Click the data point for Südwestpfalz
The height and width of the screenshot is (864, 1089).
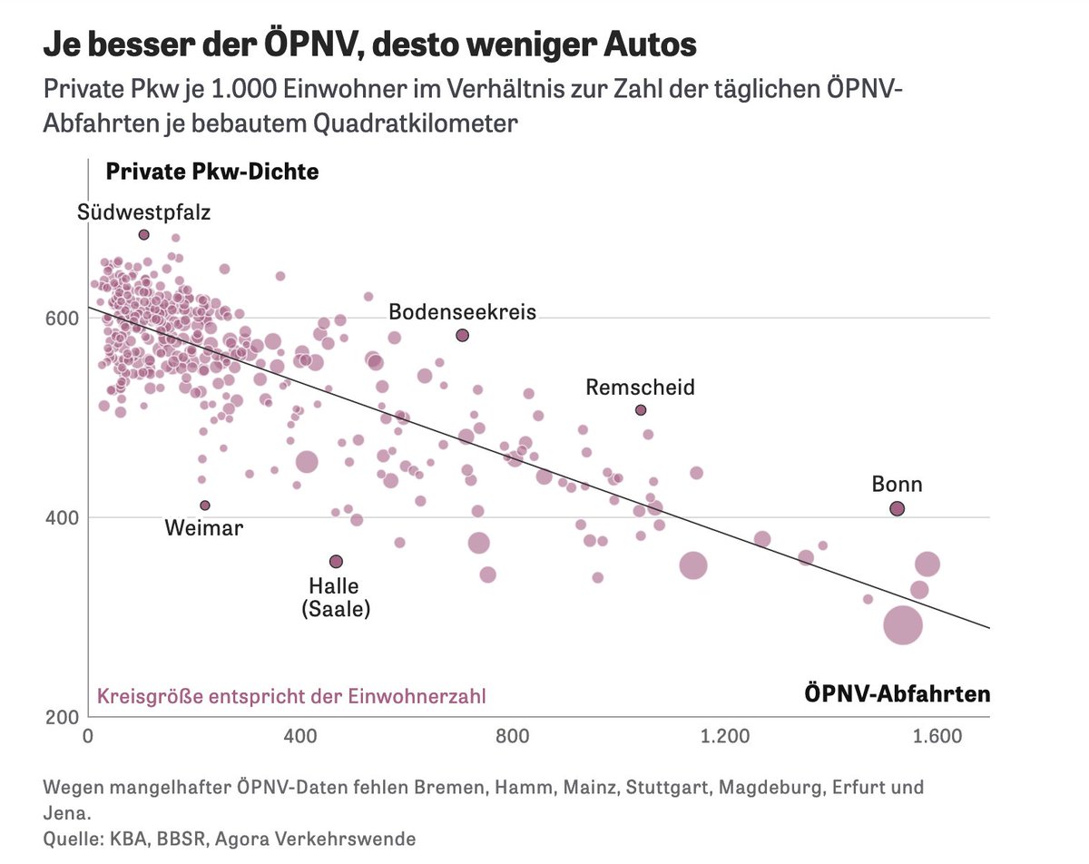(x=143, y=234)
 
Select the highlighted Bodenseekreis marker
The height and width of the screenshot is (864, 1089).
(x=462, y=335)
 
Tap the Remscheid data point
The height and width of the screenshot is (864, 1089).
(x=641, y=410)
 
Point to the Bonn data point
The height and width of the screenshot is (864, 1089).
(x=897, y=509)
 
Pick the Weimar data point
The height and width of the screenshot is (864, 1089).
(x=205, y=505)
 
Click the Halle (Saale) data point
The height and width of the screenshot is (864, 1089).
(x=336, y=561)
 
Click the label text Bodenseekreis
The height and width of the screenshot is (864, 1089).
(x=462, y=312)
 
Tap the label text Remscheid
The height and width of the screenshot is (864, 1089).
(x=640, y=388)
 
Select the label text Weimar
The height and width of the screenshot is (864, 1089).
(x=204, y=527)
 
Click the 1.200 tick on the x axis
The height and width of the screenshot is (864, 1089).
(x=727, y=737)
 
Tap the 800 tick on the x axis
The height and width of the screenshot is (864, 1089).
(x=513, y=737)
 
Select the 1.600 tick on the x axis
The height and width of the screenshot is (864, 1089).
(x=937, y=737)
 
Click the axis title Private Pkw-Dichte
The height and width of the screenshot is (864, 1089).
(x=212, y=172)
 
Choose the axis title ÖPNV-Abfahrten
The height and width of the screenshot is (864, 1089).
(x=897, y=695)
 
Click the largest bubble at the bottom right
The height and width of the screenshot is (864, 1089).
(x=903, y=624)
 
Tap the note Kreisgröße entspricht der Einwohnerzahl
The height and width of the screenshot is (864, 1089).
(x=290, y=696)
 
